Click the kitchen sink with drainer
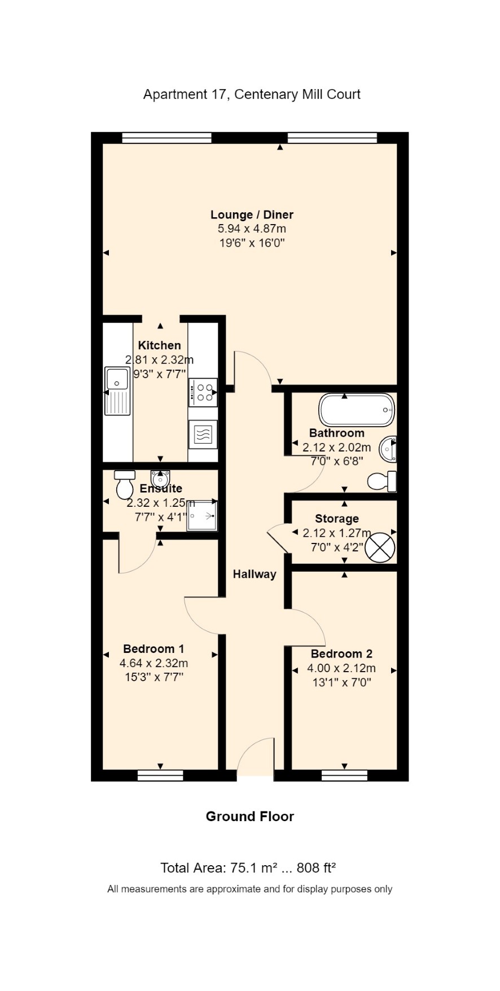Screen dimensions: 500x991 (x=117, y=391)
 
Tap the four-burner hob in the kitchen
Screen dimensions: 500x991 (x=203, y=392)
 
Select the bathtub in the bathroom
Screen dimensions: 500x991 (x=357, y=410)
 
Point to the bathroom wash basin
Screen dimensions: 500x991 (x=388, y=449)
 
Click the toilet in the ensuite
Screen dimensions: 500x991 (x=125, y=484)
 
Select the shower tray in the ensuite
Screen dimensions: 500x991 (x=202, y=515)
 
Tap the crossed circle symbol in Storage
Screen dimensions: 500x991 (x=380, y=547)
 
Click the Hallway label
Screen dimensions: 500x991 (x=255, y=574)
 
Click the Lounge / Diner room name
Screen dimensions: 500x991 (x=252, y=214)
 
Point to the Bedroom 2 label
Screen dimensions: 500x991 (x=341, y=654)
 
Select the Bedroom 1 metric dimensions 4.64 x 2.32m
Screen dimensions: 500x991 (x=153, y=663)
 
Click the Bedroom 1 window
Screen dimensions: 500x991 (x=160, y=775)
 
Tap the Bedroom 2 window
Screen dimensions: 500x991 (x=344, y=775)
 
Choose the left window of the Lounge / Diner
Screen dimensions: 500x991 (x=166, y=138)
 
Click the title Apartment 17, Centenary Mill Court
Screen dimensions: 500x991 (x=252, y=94)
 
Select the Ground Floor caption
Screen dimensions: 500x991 (x=250, y=816)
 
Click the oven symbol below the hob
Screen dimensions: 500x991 (x=203, y=434)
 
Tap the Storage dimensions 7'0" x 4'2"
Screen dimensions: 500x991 (x=337, y=547)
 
